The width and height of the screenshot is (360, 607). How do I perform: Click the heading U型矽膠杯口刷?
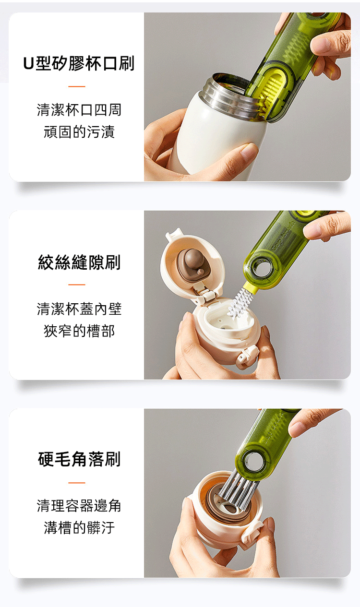[79, 63]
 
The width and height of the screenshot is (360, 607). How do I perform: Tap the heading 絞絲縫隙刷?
[79, 262]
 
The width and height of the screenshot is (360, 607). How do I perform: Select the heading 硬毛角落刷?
[79, 459]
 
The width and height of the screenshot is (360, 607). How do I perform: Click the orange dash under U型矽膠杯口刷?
[77, 86]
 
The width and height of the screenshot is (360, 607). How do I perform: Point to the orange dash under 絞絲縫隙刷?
[77, 285]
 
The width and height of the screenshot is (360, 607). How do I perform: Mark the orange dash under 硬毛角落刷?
[77, 483]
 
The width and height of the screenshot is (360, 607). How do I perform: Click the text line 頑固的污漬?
[79, 132]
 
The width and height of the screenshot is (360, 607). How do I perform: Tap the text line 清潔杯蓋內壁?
[79, 309]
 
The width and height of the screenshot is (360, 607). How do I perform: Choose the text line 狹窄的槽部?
[79, 331]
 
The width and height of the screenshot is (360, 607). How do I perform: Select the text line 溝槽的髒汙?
[79, 528]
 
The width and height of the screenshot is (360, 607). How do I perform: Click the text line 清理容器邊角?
[79, 506]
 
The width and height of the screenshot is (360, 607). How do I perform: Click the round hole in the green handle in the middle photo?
[261, 268]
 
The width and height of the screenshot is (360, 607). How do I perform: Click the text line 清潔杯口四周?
[79, 110]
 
